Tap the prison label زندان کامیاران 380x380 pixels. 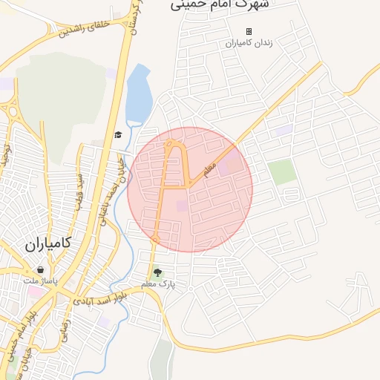249,43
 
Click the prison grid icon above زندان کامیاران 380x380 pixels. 249,31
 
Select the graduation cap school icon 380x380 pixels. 117,134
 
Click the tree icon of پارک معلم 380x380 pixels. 156,272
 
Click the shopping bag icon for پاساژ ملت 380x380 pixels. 39,270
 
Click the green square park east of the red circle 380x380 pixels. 282,172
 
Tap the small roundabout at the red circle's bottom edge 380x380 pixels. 155,239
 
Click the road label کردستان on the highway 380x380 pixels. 133,21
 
